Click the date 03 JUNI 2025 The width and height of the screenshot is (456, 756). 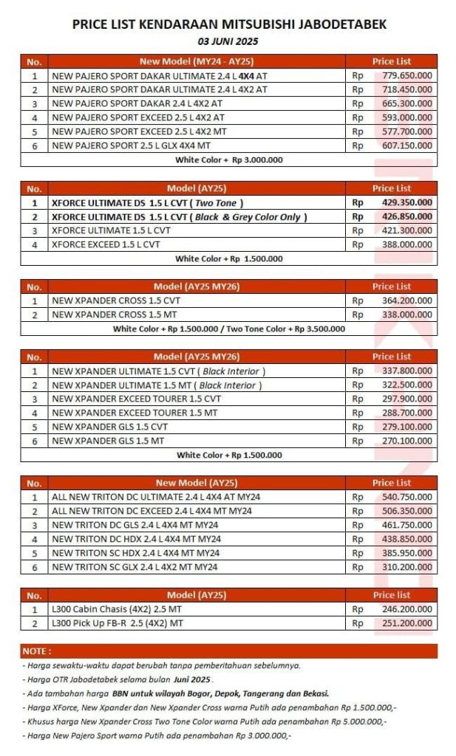coord(228,41)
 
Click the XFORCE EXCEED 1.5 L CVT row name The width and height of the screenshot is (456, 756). coord(106,244)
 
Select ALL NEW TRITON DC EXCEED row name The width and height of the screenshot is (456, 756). coord(152,511)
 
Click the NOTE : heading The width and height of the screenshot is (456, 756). coord(37,651)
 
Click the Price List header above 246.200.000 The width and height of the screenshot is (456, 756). coord(392,595)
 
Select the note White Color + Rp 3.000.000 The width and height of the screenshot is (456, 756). coord(229,159)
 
